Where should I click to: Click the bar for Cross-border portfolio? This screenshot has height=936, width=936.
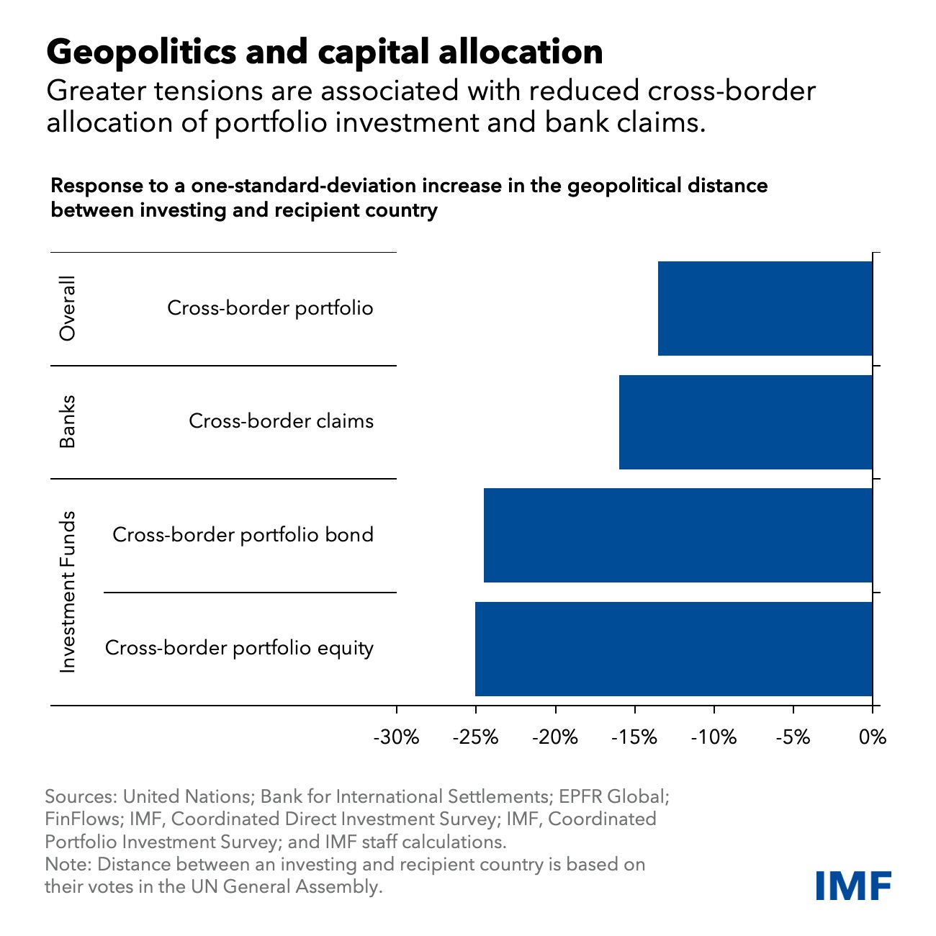click(x=765, y=308)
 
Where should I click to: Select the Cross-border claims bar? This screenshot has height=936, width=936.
click(x=745, y=422)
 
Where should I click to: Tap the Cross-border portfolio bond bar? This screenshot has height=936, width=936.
click(x=678, y=535)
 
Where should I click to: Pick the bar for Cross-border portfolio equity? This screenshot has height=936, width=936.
click(x=673, y=649)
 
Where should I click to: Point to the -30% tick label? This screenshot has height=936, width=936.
click(x=396, y=737)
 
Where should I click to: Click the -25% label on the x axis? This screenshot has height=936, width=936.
click(x=475, y=737)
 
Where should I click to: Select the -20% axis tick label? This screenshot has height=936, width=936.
click(x=555, y=737)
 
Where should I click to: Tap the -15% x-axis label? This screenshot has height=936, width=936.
click(x=634, y=737)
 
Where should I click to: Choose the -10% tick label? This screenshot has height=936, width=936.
click(x=714, y=737)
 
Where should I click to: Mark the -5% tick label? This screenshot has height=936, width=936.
click(x=793, y=737)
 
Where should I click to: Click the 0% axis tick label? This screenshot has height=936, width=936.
click(x=873, y=737)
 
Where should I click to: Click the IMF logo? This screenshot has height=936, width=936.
click(x=853, y=885)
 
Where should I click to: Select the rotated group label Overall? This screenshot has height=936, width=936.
click(x=67, y=308)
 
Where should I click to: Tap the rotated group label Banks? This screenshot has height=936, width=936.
click(x=67, y=422)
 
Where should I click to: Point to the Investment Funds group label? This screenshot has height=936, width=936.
click(x=67, y=592)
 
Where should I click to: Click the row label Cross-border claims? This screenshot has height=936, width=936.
click(x=281, y=421)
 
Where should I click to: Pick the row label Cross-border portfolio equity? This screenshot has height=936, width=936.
click(x=239, y=648)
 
